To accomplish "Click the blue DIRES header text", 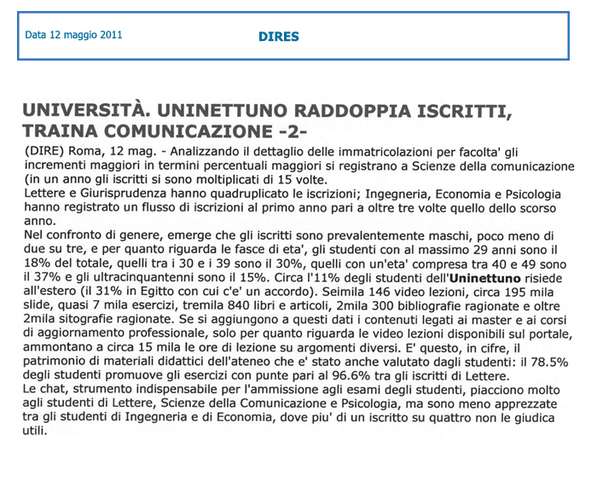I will click(x=279, y=37).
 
